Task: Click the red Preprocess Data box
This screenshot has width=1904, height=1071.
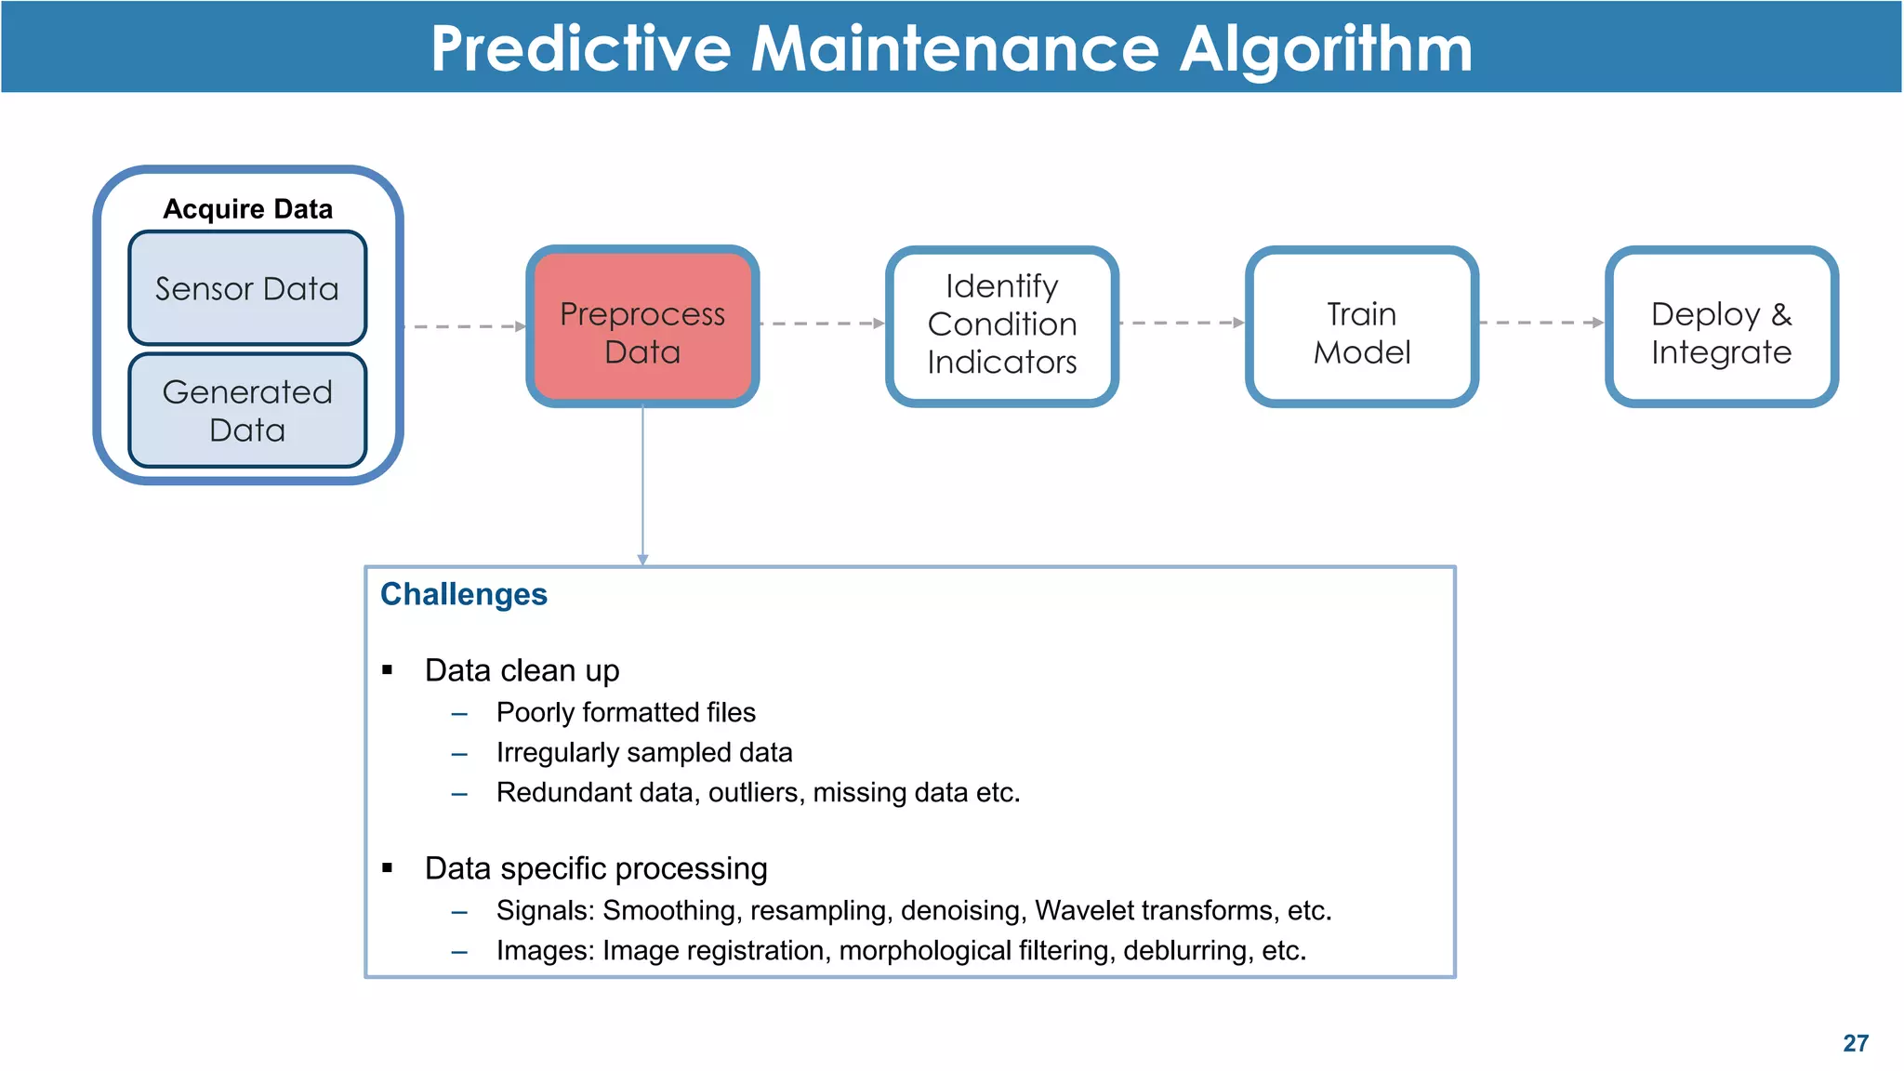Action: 642,326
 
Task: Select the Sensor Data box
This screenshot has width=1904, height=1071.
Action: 247,288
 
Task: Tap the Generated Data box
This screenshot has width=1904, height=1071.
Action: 247,410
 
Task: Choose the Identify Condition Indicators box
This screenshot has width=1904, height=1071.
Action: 1001,324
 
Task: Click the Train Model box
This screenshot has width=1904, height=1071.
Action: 1361,326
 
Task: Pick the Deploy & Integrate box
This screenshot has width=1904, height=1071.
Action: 1721,326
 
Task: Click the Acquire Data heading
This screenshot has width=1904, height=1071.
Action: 247,209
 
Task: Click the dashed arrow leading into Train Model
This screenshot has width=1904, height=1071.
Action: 1181,323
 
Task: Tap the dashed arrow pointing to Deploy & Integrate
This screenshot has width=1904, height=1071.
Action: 1540,323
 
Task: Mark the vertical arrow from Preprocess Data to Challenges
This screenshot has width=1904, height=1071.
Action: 642,483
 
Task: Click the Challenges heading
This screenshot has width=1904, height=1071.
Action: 464,594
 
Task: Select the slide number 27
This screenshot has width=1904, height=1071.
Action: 1856,1043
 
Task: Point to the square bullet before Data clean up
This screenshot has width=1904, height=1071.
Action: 388,670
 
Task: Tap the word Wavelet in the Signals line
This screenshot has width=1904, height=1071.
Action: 1078,910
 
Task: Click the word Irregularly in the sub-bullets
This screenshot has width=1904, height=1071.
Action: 558,752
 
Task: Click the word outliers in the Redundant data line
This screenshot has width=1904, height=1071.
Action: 754,792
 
